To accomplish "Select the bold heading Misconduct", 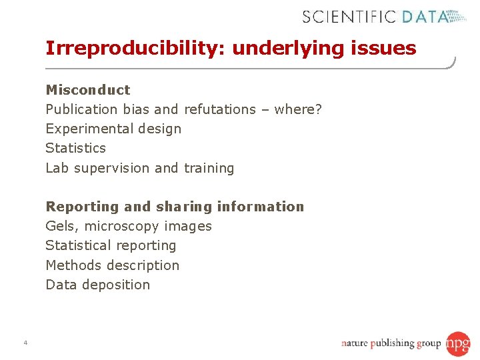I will [x=88, y=90].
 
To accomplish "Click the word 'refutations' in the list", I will [x=220, y=109].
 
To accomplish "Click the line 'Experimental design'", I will [x=113, y=129].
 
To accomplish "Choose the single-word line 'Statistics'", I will [x=75, y=148].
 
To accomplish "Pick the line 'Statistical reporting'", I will [x=111, y=246].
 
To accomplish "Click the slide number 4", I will [x=25, y=343].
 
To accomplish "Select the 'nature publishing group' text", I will [x=391, y=344].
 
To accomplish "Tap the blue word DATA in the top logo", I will [x=424, y=16].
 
